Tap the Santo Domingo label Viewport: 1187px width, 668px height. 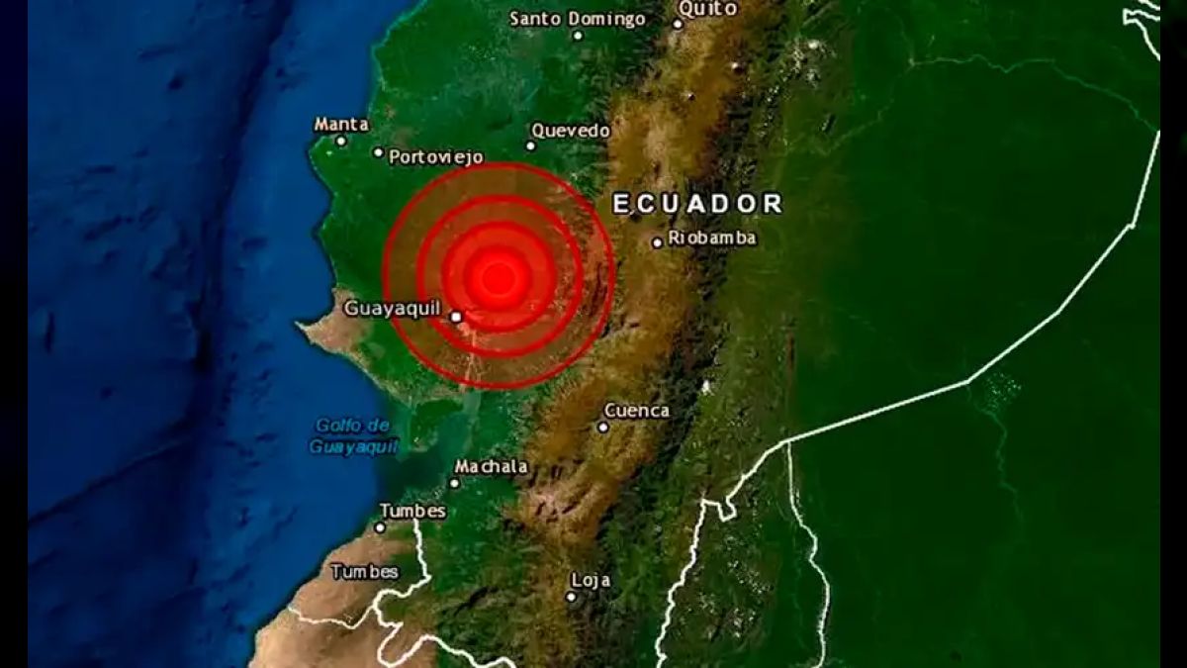[578, 19]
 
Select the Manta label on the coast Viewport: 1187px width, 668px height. [341, 125]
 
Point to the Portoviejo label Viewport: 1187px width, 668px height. [435, 156]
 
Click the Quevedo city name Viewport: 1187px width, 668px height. [571, 131]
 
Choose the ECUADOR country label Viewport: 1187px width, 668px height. [697, 204]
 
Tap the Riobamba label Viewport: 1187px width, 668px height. [712, 238]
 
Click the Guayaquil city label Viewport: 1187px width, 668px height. [392, 309]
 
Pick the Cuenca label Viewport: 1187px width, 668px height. [636, 411]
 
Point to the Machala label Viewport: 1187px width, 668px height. [491, 467]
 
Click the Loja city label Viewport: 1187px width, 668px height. [591, 581]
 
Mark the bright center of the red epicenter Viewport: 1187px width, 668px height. [499, 277]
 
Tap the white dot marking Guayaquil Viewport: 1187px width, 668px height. [456, 317]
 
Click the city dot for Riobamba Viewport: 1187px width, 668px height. [657, 242]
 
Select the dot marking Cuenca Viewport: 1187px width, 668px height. [602, 428]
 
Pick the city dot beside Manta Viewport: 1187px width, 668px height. [341, 141]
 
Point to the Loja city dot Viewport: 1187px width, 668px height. [571, 597]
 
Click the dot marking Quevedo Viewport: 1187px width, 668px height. [530, 146]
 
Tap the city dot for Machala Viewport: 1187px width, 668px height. [454, 483]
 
